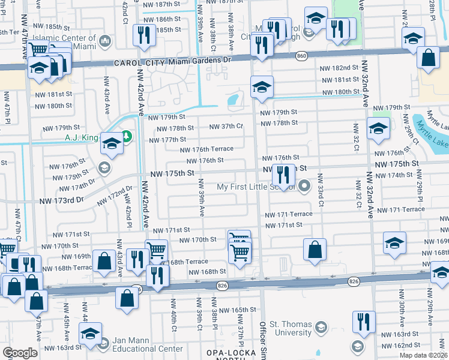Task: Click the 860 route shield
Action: tap(301, 56)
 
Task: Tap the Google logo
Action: tap(20, 353)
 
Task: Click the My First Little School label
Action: tap(256, 187)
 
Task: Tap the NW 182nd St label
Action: tap(339, 70)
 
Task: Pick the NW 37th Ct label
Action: tap(226, 126)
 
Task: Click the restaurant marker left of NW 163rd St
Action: tap(364, 322)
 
